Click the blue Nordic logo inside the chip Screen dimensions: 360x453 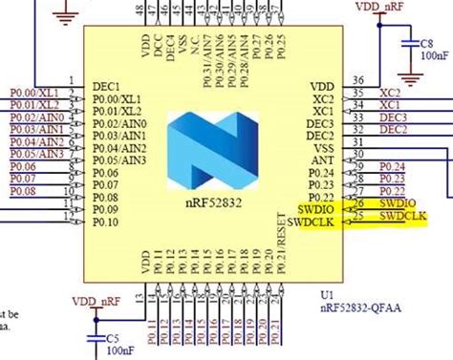point(212,153)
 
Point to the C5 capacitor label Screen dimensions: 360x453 point(112,337)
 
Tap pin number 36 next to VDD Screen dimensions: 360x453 point(357,80)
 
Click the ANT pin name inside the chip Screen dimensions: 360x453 point(323,161)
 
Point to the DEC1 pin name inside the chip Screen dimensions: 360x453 point(108,86)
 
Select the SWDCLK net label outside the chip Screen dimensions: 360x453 point(401,217)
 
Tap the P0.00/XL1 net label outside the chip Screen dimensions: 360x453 point(35,93)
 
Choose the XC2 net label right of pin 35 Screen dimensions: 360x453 point(390,93)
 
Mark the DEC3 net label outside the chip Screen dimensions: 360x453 point(393,117)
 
